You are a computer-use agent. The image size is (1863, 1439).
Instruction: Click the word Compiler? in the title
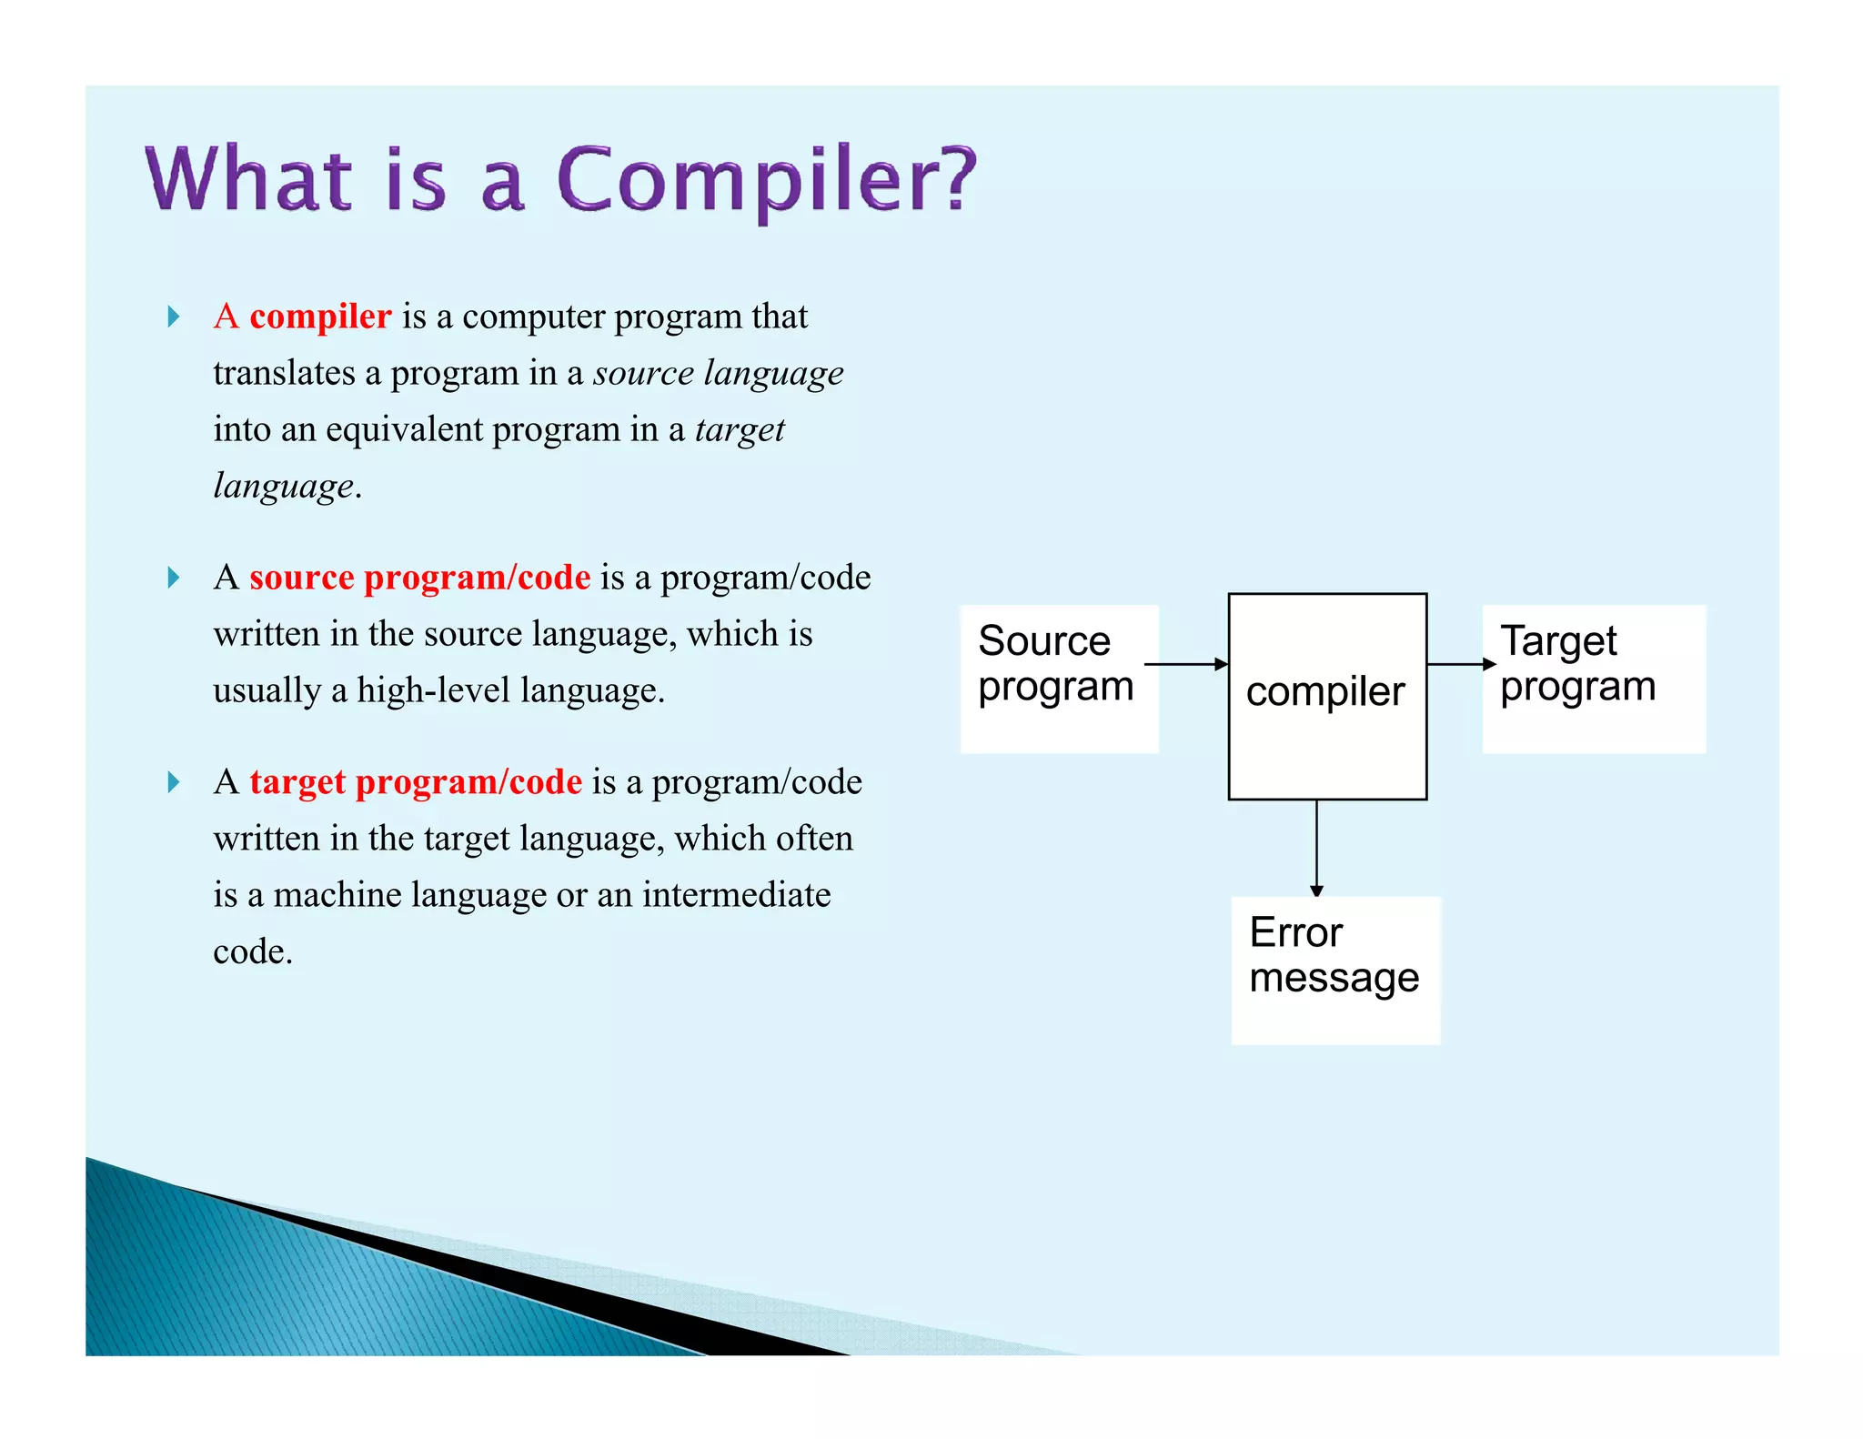tap(766, 179)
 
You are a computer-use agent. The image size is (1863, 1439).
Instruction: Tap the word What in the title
tap(248, 179)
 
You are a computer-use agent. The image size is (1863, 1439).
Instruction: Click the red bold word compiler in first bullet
tap(320, 317)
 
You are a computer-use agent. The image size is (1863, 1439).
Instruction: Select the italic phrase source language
tap(719, 373)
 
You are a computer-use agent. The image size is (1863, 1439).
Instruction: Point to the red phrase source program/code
tap(419, 578)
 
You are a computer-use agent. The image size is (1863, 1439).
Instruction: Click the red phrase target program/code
tap(416, 782)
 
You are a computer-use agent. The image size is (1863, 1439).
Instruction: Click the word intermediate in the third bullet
tap(736, 895)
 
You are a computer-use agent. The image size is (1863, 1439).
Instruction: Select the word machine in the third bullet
tap(337, 895)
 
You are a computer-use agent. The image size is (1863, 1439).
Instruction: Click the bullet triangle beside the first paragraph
tap(173, 317)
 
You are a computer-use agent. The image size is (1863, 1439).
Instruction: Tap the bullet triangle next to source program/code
tap(173, 578)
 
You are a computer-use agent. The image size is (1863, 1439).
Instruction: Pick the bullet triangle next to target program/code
tap(173, 782)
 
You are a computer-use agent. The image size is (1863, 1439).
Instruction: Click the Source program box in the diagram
tap(1059, 679)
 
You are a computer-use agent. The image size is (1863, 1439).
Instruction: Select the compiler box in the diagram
tap(1326, 696)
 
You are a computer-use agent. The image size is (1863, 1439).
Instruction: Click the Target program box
tap(1593, 679)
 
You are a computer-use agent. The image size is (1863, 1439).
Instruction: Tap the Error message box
tap(1334, 970)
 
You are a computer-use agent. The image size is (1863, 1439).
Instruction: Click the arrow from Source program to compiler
tap(1185, 664)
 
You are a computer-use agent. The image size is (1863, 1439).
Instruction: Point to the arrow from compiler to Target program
tap(1460, 664)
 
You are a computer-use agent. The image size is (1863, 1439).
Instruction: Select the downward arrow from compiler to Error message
tap(1316, 848)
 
